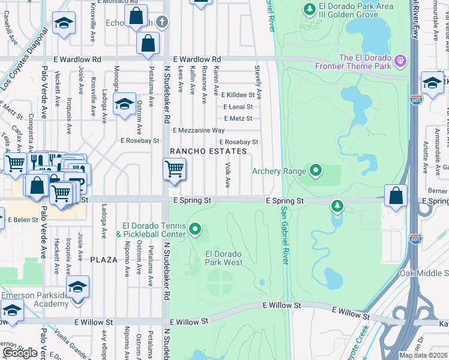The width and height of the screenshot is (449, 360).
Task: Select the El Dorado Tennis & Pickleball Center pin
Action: (x=194, y=229)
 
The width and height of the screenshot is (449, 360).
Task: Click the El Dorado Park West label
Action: (x=224, y=258)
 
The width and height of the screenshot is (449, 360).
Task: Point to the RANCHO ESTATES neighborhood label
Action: (x=208, y=152)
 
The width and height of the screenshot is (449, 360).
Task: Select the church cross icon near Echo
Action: (x=161, y=22)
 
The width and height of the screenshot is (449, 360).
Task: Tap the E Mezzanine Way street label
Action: (x=199, y=130)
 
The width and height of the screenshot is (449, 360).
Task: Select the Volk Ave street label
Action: (x=228, y=173)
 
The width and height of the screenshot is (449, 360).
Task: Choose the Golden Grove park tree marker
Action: (x=309, y=9)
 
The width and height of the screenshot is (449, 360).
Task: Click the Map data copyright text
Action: (x=423, y=355)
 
